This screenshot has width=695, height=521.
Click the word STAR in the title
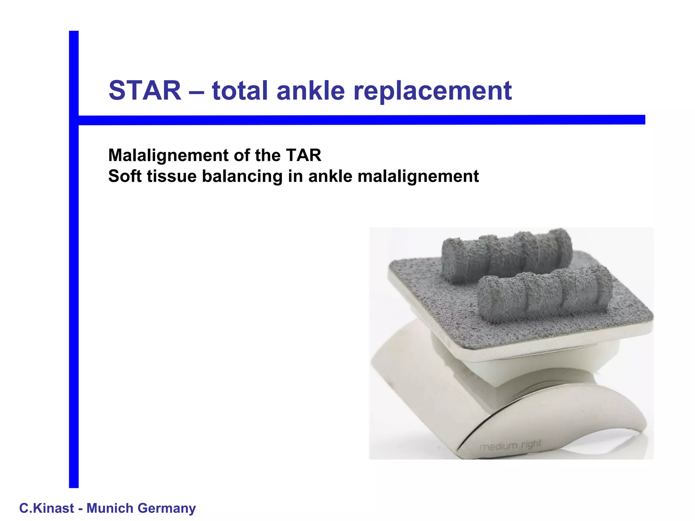pyautogui.click(x=145, y=91)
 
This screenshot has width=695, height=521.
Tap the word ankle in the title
pyautogui.click(x=311, y=91)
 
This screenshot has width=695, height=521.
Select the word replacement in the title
pyautogui.click(x=432, y=91)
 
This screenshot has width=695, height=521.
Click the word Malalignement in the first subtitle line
pyautogui.click(x=168, y=156)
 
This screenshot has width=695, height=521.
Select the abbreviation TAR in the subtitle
pyautogui.click(x=303, y=155)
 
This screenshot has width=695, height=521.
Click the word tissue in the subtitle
pyautogui.click(x=171, y=176)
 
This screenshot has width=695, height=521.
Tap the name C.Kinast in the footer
pyautogui.click(x=46, y=508)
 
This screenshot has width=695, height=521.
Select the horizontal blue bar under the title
pyautogui.click(x=360, y=120)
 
